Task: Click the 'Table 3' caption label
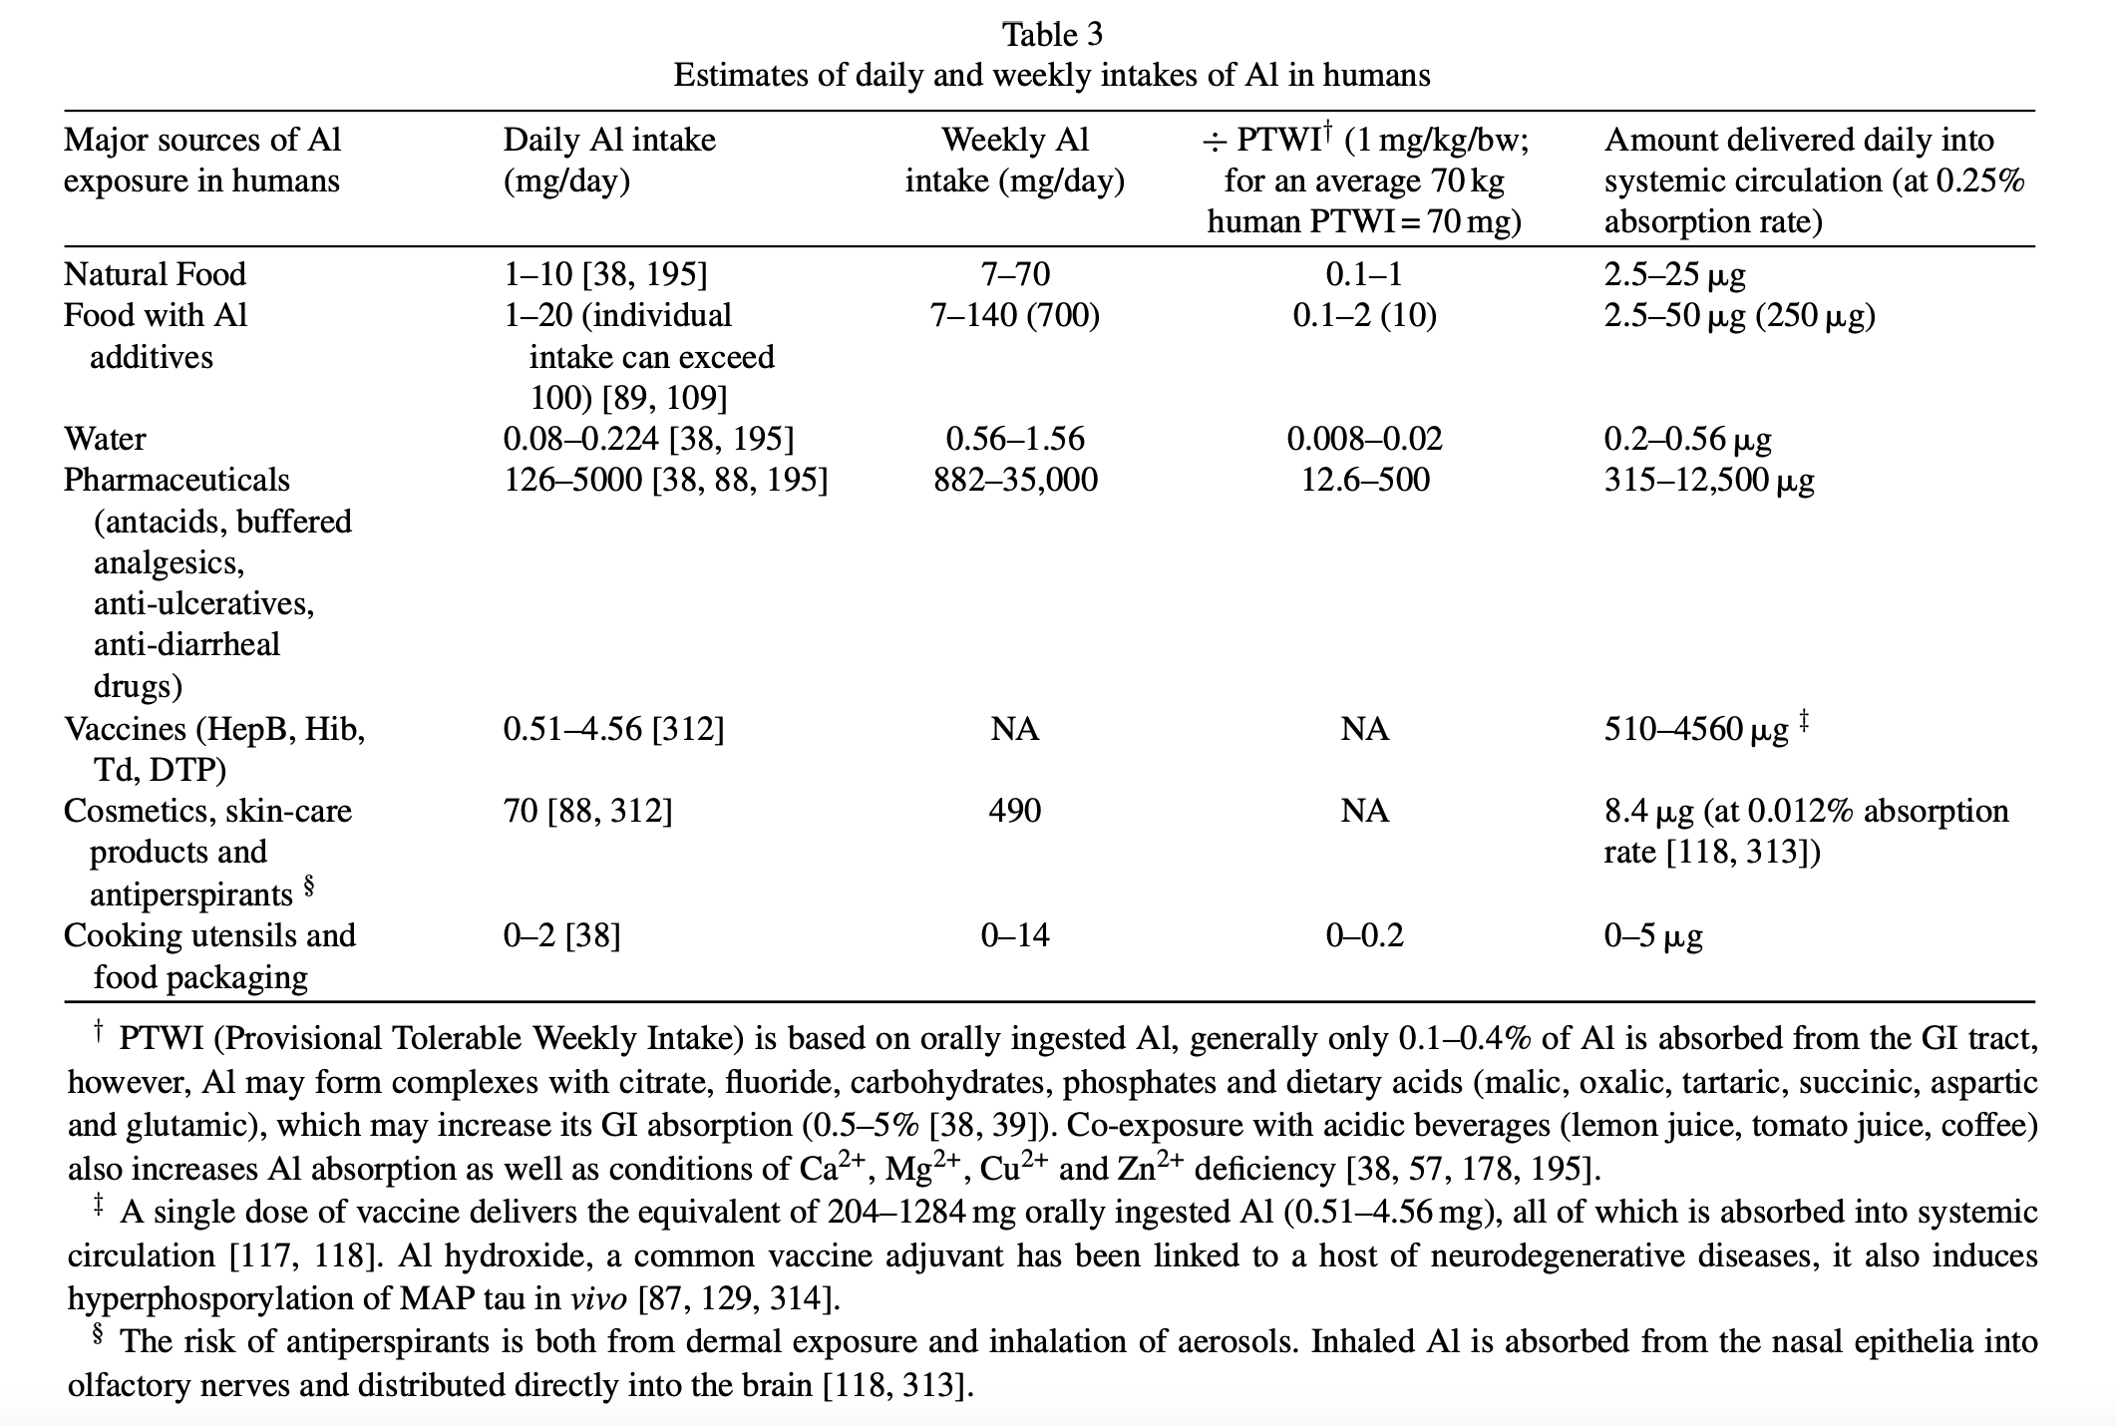click(x=1052, y=35)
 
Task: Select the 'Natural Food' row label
click(x=155, y=274)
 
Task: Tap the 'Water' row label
click(x=105, y=439)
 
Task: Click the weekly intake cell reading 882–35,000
click(x=1015, y=480)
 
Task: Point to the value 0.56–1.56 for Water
click(x=1015, y=439)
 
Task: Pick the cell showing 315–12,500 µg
click(x=1709, y=480)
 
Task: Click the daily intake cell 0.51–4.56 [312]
click(x=613, y=729)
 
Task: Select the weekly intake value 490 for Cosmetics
click(x=1015, y=810)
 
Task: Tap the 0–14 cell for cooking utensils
click(x=1015, y=935)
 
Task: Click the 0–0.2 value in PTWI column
click(x=1364, y=935)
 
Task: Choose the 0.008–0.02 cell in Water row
click(x=1364, y=439)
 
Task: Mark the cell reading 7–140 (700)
click(x=1015, y=315)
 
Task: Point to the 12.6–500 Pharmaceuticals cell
click(x=1364, y=480)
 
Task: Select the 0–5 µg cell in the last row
click(x=1653, y=935)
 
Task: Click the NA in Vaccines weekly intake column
click(x=1015, y=729)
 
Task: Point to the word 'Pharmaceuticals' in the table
click(x=176, y=480)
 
